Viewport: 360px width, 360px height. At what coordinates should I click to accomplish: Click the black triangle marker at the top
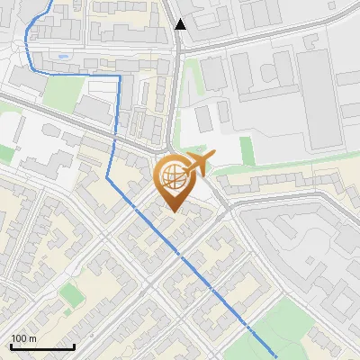[x=181, y=24]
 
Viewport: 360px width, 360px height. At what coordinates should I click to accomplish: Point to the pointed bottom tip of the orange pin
[x=173, y=211]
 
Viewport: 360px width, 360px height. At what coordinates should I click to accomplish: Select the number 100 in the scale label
[x=19, y=338]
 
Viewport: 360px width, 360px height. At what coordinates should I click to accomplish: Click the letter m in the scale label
[x=33, y=338]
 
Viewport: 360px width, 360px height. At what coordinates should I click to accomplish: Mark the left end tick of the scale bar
[x=11, y=346]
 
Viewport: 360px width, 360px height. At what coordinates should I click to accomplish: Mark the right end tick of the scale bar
[x=73, y=346]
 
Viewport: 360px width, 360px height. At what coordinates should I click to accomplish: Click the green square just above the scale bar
[x=70, y=293]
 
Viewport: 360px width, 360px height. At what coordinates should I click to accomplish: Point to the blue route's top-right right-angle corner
[x=119, y=76]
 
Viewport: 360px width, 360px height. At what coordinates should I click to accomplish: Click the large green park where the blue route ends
[x=270, y=328]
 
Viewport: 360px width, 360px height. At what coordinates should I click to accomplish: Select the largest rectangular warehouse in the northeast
[x=321, y=99]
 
